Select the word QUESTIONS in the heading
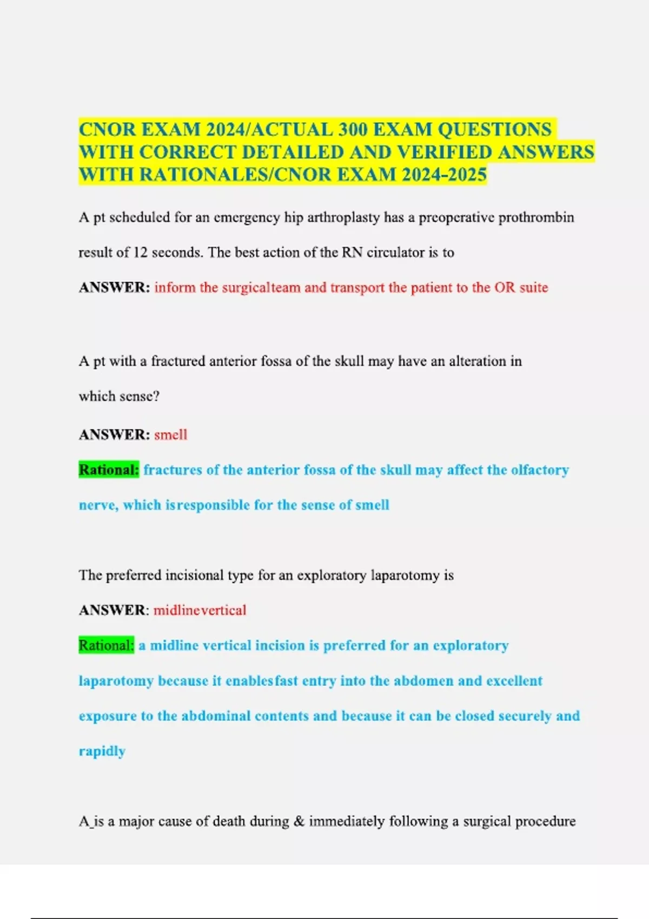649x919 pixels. pyautogui.click(x=494, y=130)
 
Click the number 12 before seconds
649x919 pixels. pyautogui.click(x=140, y=252)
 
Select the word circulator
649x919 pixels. pyautogui.click(x=396, y=252)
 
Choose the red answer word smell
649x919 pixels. pyautogui.click(x=171, y=435)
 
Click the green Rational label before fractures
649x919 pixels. pyautogui.click(x=109, y=470)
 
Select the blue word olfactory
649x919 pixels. pyautogui.click(x=540, y=470)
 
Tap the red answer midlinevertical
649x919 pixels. pyautogui.click(x=200, y=610)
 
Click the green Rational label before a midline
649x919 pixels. pyautogui.click(x=106, y=645)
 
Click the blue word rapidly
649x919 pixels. pyautogui.click(x=102, y=751)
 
